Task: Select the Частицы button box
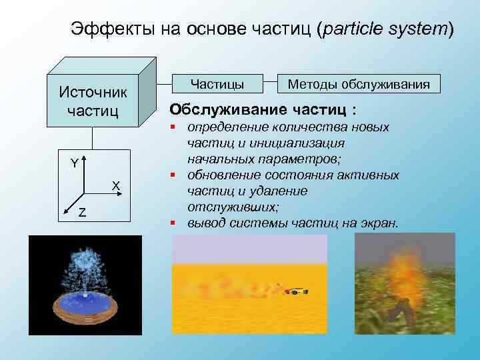pos(217,84)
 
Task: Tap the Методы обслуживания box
pos(359,84)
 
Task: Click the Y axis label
pos(75,163)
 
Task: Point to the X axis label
pos(115,185)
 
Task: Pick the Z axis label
pos(81,213)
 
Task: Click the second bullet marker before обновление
pos(173,175)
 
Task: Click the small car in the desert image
pos(295,291)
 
